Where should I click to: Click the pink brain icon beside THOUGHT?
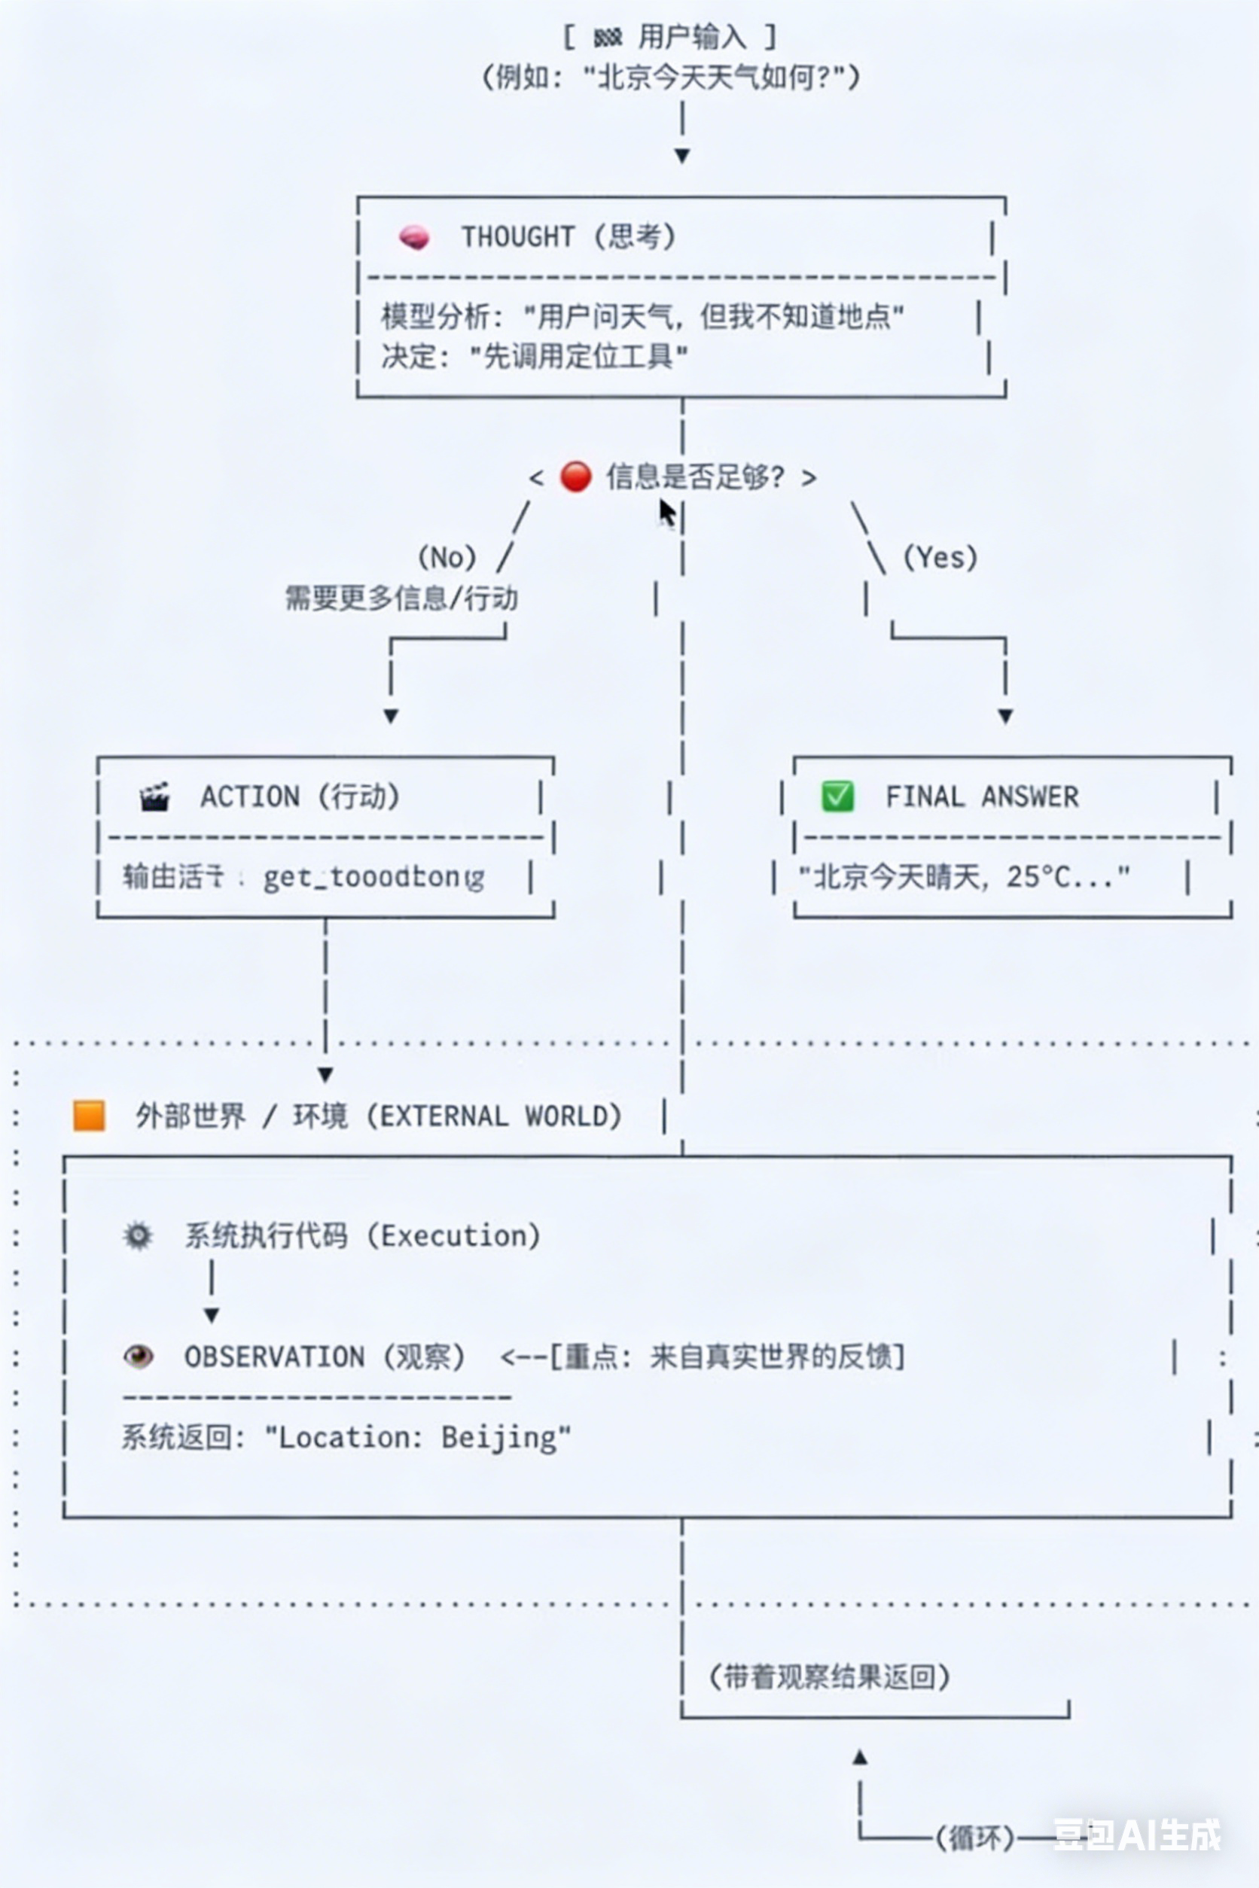pyautogui.click(x=414, y=237)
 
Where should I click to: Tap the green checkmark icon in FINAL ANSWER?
pyautogui.click(x=837, y=796)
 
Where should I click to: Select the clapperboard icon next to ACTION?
pyautogui.click(x=154, y=797)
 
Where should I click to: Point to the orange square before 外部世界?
pyautogui.click(x=89, y=1116)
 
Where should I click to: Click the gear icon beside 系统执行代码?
pyautogui.click(x=138, y=1235)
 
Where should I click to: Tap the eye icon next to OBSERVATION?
pyautogui.click(x=138, y=1357)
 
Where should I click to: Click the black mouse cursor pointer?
pyautogui.click(x=666, y=512)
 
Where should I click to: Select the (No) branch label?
pyautogui.click(x=447, y=557)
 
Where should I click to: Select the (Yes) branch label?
pyautogui.click(x=940, y=557)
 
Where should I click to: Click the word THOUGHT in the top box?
pyautogui.click(x=517, y=237)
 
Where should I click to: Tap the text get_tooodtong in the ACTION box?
pyautogui.click(x=373, y=877)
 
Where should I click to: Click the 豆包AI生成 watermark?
pyautogui.click(x=1136, y=1835)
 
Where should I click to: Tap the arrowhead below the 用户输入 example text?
pyautogui.click(x=681, y=156)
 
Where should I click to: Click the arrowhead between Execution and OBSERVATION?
pyautogui.click(x=211, y=1315)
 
